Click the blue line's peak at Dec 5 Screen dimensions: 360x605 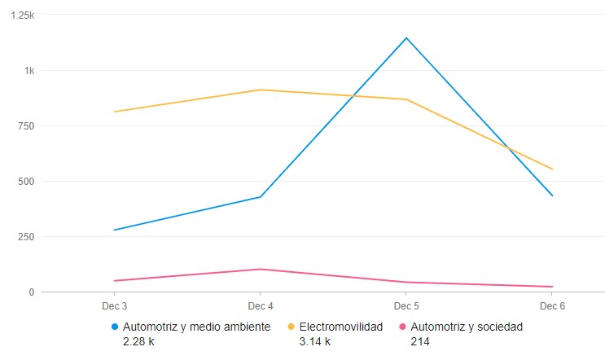coord(406,37)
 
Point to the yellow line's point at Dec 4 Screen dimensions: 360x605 coord(260,90)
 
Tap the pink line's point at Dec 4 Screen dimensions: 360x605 coord(260,269)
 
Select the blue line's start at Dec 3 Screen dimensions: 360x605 coord(114,230)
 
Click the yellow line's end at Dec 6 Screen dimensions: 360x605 coord(552,169)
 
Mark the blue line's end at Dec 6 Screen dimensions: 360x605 coord(552,195)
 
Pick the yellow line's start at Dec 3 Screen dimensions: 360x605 coord(114,112)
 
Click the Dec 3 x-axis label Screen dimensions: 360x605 coord(114,306)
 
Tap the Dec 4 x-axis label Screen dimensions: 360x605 coord(260,306)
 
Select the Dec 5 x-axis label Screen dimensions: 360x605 coord(406,306)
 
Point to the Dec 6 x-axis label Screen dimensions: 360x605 coord(552,306)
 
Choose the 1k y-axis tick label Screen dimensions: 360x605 coord(29,71)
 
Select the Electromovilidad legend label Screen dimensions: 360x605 coord(340,327)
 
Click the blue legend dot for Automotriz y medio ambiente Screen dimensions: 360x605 coord(114,327)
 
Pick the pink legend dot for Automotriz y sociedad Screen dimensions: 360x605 coord(401,327)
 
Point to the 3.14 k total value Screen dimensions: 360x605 coord(315,341)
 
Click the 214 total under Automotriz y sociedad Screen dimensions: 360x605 coord(419,341)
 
